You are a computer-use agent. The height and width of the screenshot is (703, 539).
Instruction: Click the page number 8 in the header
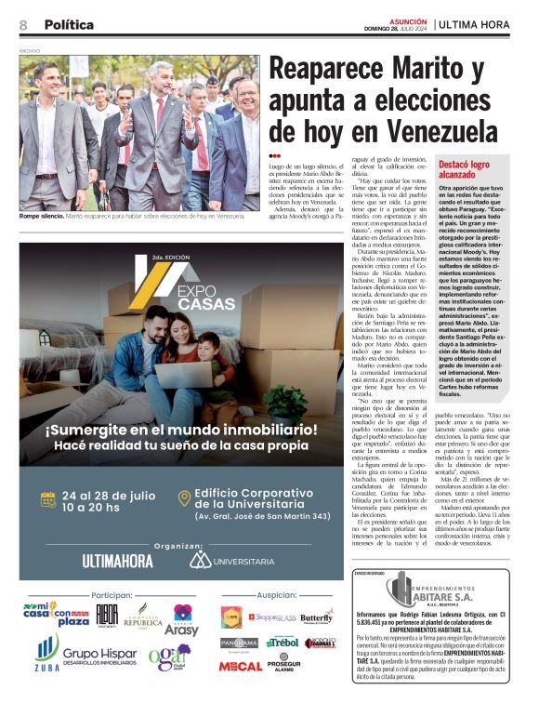click(x=23, y=24)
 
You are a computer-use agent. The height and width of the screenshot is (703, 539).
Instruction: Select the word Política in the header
click(x=69, y=24)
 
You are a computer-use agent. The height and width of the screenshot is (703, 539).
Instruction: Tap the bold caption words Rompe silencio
click(x=41, y=216)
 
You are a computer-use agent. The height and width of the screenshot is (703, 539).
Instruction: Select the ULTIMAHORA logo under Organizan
click(x=117, y=561)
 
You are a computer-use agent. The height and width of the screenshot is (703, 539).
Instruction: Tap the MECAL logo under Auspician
click(x=240, y=666)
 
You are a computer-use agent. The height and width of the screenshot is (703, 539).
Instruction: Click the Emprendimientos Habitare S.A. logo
click(x=440, y=591)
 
